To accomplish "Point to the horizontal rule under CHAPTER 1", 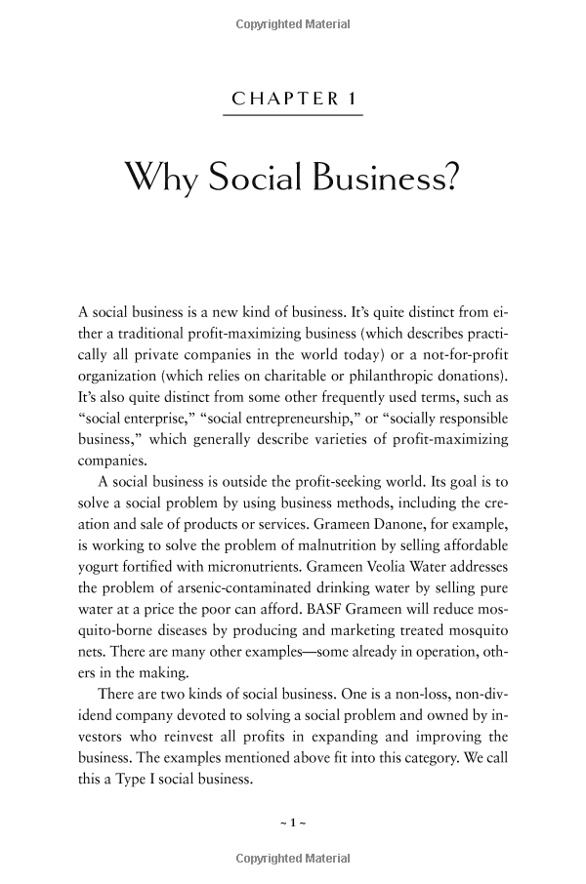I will (x=292, y=116).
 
